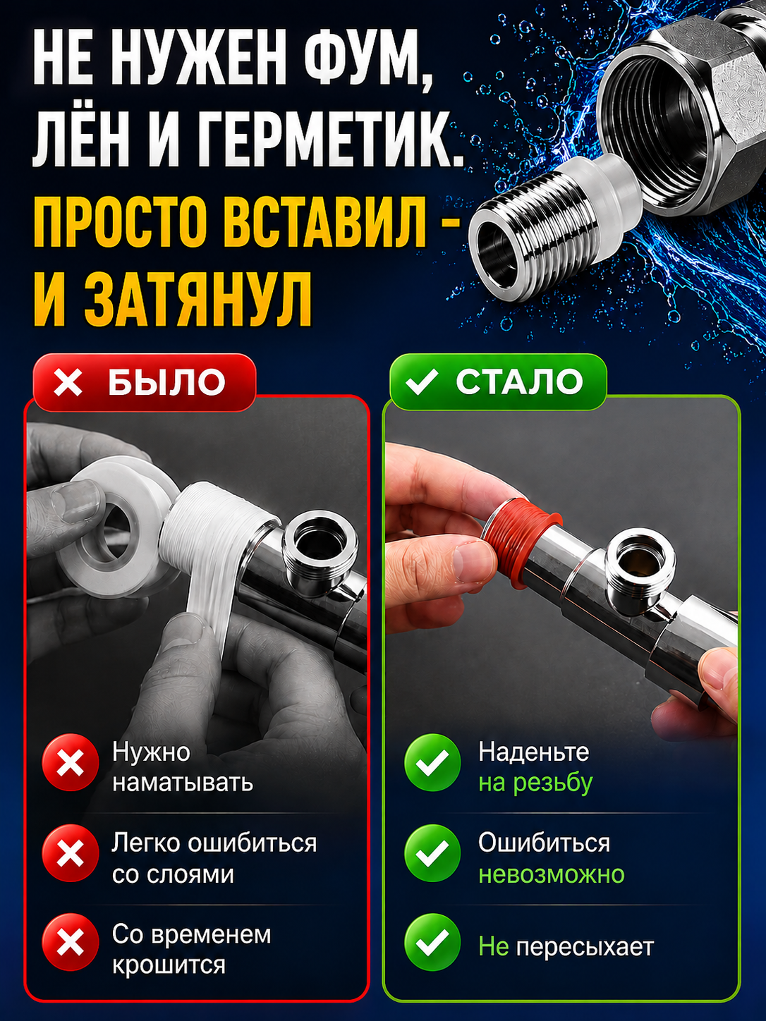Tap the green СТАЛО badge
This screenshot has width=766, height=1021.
pos(498,382)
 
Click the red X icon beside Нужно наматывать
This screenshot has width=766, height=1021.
pos(70,763)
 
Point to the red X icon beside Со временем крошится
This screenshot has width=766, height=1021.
pos(70,943)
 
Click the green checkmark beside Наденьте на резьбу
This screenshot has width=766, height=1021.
pos(432,763)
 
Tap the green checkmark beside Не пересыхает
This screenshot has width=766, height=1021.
pos(432,943)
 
